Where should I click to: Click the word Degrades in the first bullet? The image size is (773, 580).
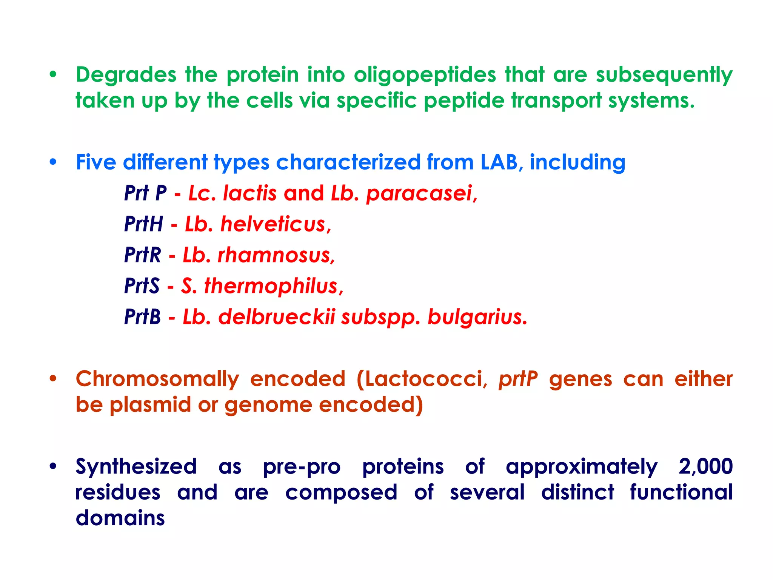[126, 75]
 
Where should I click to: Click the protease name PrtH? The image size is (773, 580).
[143, 224]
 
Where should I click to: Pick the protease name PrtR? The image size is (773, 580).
[142, 255]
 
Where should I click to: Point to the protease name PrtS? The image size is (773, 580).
[142, 286]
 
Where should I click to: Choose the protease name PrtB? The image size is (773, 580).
[142, 317]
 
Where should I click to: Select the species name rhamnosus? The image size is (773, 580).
[276, 255]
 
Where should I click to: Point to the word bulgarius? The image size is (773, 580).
[477, 317]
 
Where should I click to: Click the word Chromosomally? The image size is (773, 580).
[157, 379]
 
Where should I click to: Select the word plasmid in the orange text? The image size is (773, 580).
[150, 405]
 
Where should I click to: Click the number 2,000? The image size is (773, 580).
[705, 467]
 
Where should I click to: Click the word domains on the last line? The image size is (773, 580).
[120, 518]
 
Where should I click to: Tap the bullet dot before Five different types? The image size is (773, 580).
[53, 162]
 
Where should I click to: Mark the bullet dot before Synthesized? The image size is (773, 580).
[53, 467]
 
